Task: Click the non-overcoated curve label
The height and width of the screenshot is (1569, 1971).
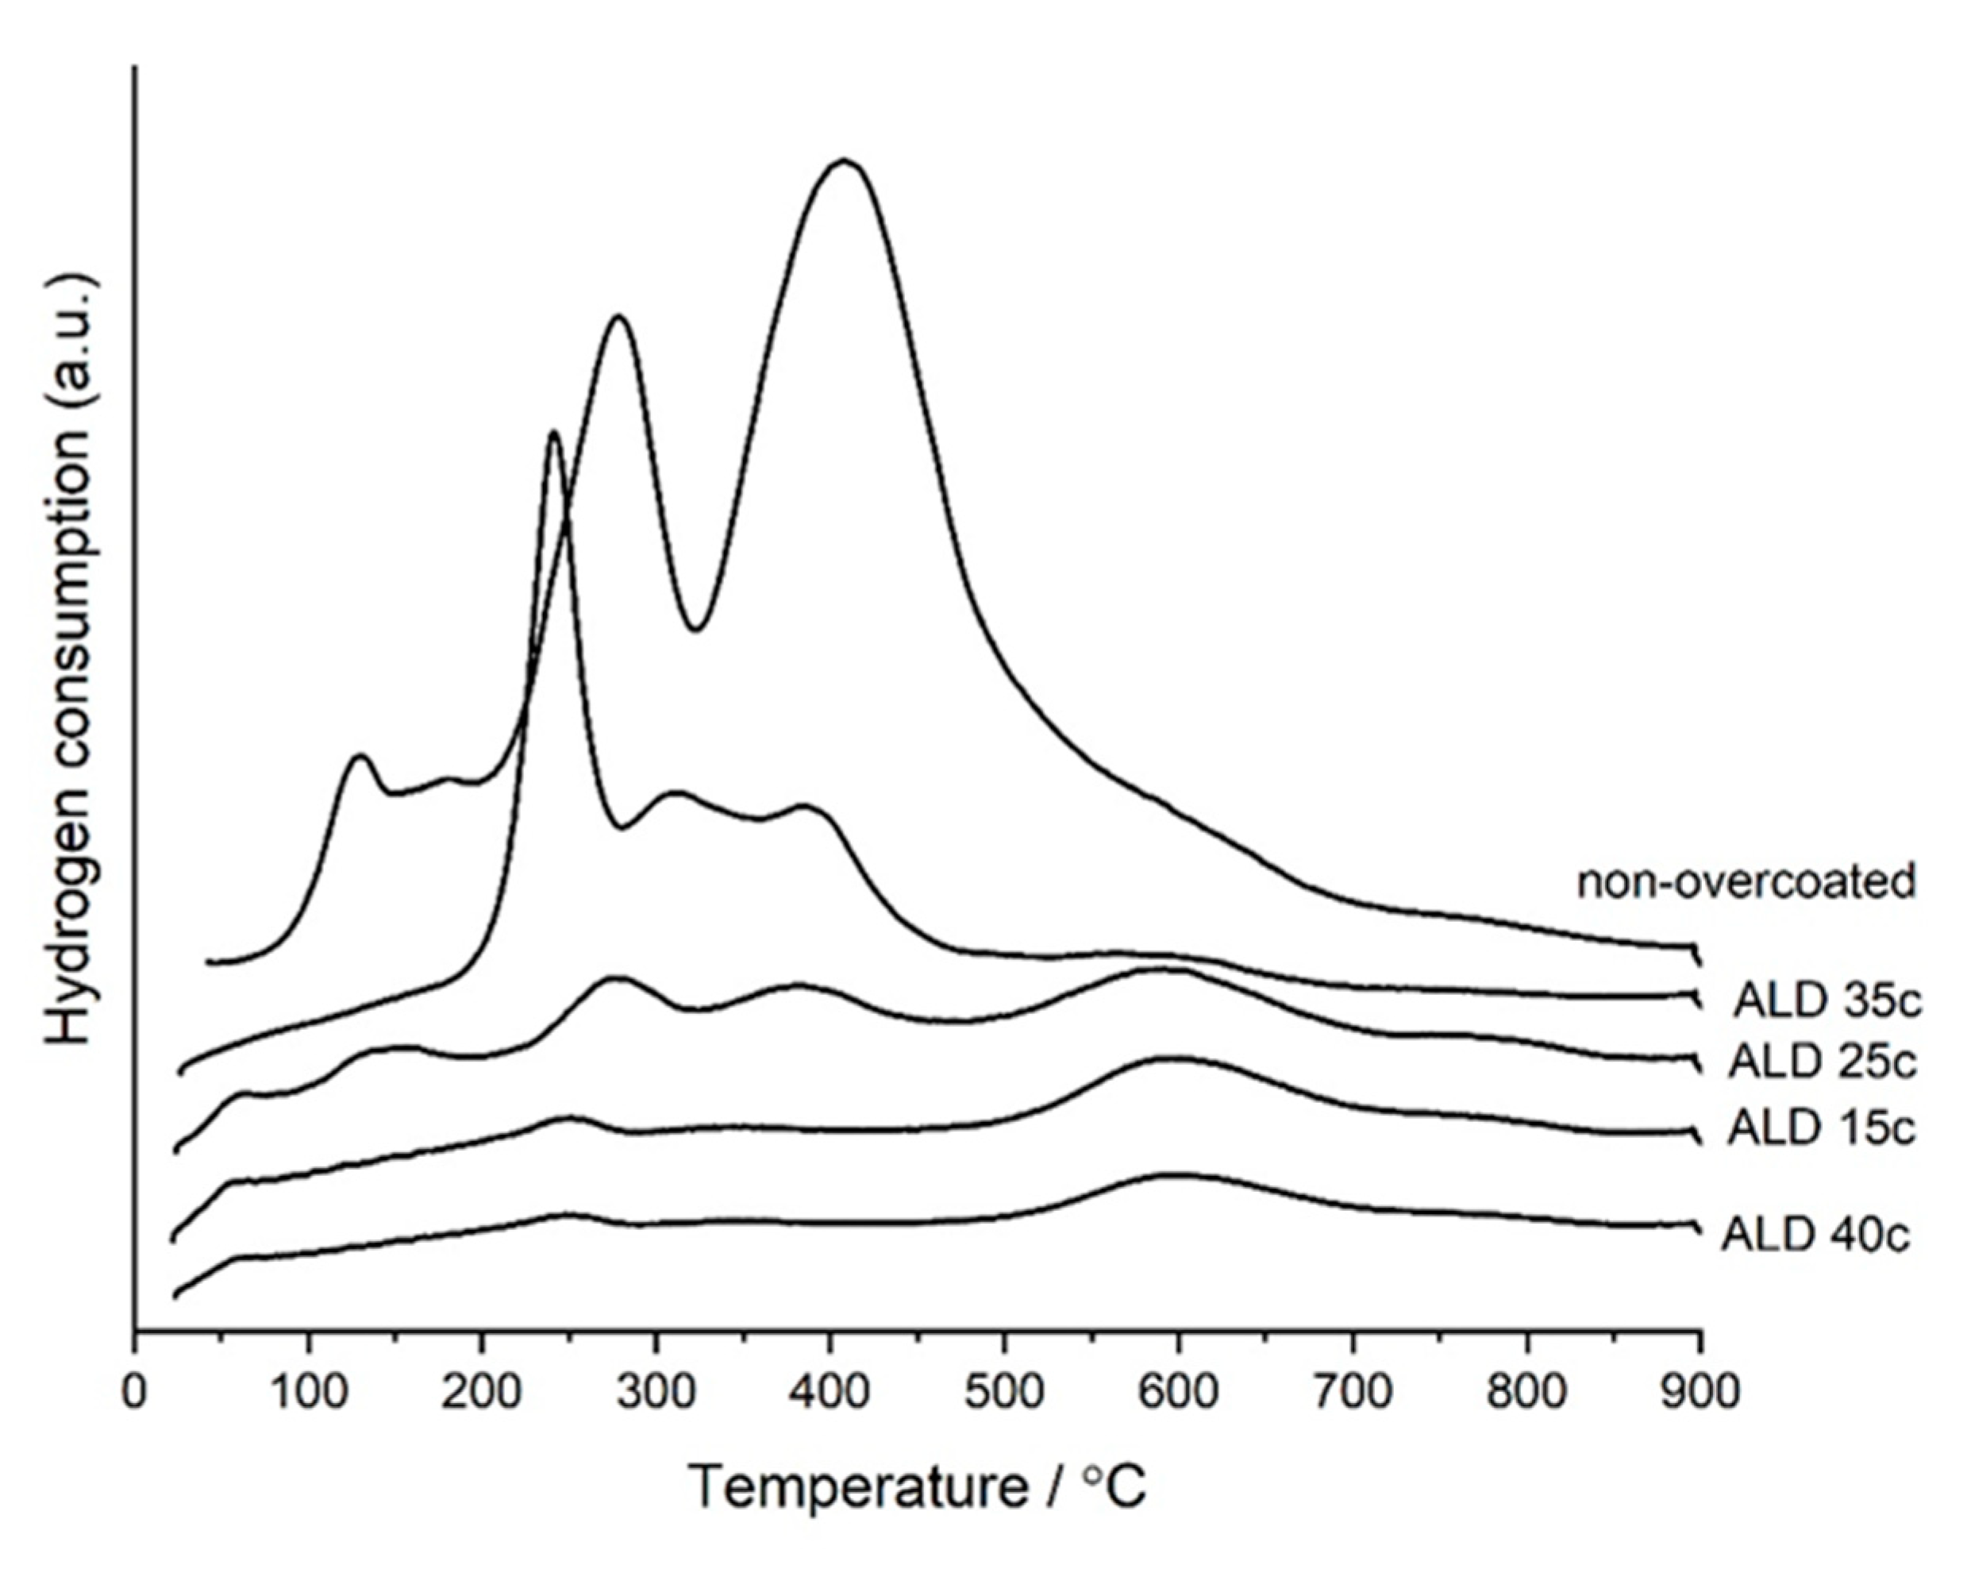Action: (1746, 883)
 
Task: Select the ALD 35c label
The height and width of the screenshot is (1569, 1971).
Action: (1827, 1002)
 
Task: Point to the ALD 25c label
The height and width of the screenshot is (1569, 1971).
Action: (1821, 1062)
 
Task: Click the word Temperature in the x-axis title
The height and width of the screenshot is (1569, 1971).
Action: (857, 1486)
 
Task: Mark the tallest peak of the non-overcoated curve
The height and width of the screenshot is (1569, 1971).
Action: (844, 162)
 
